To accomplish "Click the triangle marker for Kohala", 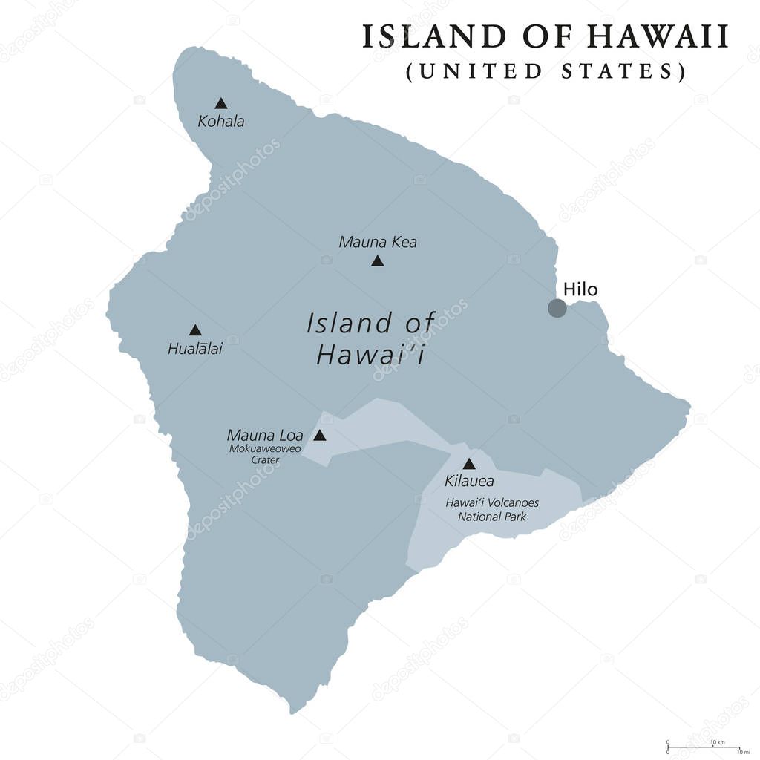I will point(220,103).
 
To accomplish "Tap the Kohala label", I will point(220,121).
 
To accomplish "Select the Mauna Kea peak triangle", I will point(377,261).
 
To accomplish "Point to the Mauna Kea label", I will point(378,242).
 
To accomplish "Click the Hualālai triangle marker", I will point(194,330).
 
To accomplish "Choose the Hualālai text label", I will point(194,348).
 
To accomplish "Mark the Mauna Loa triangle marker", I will point(319,436).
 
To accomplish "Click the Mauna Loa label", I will point(265,436).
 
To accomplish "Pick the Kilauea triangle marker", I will point(469,464).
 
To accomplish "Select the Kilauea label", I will point(469,481).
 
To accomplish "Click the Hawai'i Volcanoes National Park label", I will point(492,509).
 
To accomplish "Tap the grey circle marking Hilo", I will point(557,308).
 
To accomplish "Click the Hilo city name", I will point(580,289).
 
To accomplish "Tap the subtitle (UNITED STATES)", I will point(546,71).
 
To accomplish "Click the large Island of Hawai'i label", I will point(370,338).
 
